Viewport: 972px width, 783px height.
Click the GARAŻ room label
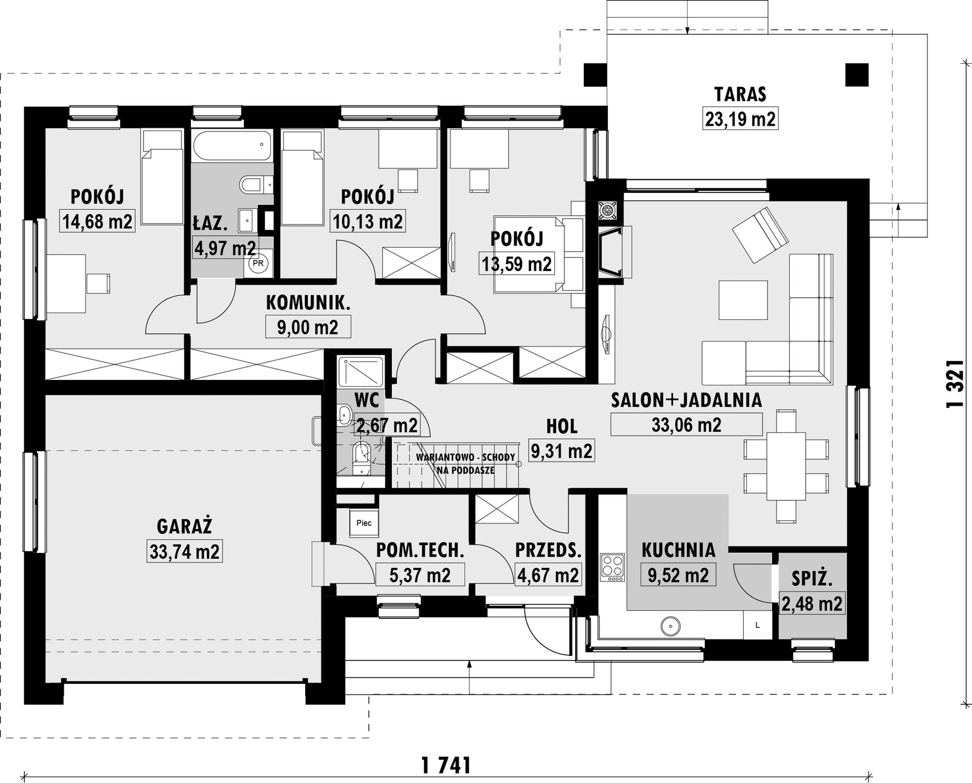tap(184, 527)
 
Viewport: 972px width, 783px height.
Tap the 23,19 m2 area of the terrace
tap(740, 120)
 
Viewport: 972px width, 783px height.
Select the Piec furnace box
tap(364, 523)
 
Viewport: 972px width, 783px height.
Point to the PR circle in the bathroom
tap(258, 263)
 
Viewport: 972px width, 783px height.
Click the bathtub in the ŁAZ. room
tap(232, 146)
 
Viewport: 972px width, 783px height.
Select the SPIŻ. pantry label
tap(812, 578)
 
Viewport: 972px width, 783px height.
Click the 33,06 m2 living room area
tap(686, 424)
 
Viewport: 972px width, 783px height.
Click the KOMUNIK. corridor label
tap(308, 303)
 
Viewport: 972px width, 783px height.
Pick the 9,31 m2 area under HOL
tap(561, 450)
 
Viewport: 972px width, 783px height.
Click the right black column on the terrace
tap(857, 74)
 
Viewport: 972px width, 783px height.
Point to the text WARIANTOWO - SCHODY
tap(465, 457)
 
